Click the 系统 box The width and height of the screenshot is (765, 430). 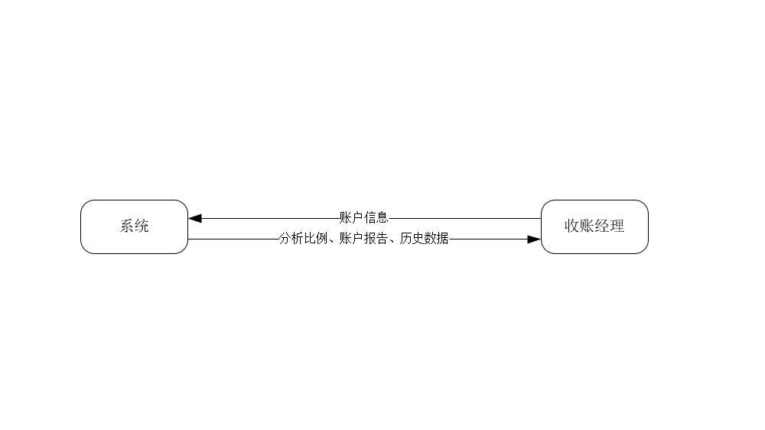[x=134, y=226]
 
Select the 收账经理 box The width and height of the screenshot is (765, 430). [x=594, y=226]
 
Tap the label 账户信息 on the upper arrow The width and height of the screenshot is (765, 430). [x=364, y=217]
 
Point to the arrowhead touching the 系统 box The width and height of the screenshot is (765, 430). [x=195, y=218]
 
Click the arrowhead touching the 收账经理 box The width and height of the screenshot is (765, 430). [x=534, y=239]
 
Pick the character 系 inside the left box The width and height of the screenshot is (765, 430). [x=126, y=226]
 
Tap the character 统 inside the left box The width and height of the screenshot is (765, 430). [x=142, y=226]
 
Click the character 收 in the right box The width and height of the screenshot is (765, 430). [x=572, y=226]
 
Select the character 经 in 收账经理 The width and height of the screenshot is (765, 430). [x=602, y=226]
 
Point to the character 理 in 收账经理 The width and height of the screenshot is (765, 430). [x=617, y=226]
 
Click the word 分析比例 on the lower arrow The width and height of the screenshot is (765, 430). [x=303, y=239]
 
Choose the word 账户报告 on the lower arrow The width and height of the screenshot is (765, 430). [x=363, y=239]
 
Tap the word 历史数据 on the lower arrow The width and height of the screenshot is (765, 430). [x=425, y=239]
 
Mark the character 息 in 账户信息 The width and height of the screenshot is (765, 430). [x=382, y=217]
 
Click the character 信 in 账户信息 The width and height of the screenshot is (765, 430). [x=370, y=217]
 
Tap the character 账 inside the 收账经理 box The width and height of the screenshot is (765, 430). [x=587, y=226]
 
